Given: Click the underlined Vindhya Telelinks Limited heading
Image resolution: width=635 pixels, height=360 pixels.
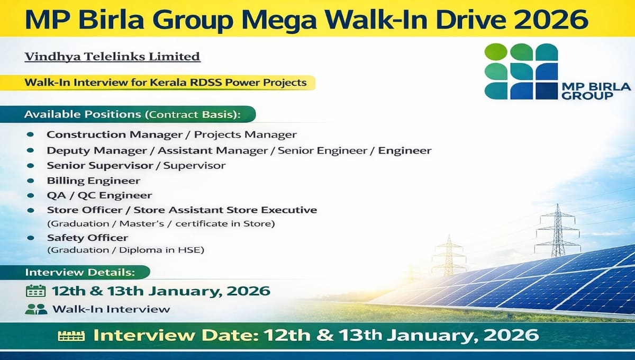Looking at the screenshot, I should [113, 56].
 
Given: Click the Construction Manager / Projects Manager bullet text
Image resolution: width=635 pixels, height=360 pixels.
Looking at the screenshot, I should [171, 135].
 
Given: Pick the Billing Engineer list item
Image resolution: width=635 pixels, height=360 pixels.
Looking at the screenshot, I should [93, 181].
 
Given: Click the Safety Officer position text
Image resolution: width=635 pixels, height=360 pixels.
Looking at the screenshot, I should [87, 238].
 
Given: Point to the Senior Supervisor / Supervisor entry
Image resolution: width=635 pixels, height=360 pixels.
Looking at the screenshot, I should [136, 166].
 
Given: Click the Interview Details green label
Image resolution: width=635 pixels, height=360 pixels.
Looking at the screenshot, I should [80, 272].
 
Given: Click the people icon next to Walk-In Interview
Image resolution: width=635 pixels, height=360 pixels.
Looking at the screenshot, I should [36, 309].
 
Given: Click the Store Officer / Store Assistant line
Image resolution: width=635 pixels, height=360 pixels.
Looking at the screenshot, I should [182, 210].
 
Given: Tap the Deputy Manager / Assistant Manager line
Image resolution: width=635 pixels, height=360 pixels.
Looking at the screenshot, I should [239, 151].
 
